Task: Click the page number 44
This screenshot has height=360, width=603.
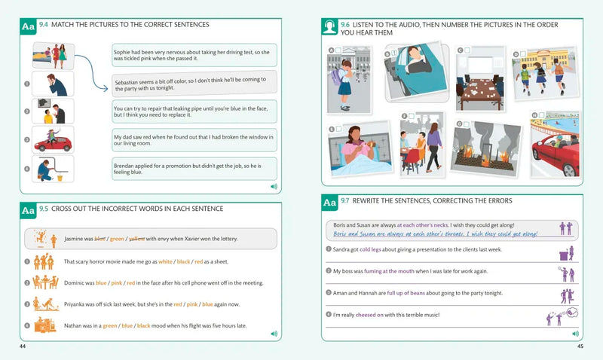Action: click(x=23, y=346)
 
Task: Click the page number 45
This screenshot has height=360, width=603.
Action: click(x=580, y=346)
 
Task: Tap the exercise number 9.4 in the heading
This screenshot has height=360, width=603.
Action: click(x=44, y=25)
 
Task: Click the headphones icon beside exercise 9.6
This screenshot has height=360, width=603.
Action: click(x=329, y=28)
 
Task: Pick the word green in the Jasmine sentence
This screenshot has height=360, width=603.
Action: click(x=117, y=239)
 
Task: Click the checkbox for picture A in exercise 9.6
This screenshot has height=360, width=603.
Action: click(x=340, y=51)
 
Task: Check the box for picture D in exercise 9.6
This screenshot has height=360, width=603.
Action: click(x=525, y=53)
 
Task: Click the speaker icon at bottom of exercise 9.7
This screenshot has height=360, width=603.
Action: click(x=574, y=333)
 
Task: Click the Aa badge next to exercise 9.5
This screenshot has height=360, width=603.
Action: click(x=28, y=211)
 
